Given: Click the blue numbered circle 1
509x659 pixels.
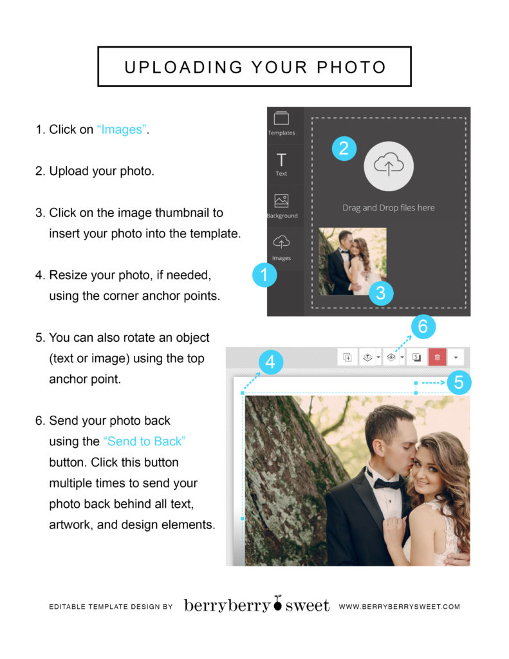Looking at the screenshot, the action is point(264,275).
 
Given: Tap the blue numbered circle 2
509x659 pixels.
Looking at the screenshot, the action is point(344,149).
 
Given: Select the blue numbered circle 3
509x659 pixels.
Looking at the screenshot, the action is point(381,293).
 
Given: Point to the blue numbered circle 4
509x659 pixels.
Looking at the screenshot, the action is point(271,362).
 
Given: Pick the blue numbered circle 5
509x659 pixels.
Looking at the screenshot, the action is point(459,382).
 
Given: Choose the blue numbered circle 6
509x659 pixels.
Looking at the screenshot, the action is point(423,326).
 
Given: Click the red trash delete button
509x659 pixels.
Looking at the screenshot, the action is point(437,357).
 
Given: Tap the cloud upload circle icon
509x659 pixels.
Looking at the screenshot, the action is point(389,167).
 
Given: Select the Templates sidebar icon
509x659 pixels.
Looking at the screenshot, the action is point(281,118).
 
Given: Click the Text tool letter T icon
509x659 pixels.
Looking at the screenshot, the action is point(281,160).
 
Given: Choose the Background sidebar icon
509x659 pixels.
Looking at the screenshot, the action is point(281,201).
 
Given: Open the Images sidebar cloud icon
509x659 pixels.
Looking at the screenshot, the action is point(281,242).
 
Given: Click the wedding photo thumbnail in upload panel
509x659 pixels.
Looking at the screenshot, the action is point(352,261).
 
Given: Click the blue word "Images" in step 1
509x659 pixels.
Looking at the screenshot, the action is point(122,129).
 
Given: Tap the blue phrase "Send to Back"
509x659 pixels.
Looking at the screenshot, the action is point(144,441).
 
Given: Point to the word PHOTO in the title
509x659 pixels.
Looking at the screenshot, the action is point(351,67).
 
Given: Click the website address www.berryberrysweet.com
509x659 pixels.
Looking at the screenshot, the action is point(400,606).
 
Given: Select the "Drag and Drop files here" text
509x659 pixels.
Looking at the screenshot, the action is point(389,208).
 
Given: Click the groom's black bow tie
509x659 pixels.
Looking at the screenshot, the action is point(385,483).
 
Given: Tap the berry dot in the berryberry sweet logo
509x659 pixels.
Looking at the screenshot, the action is point(277,603).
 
